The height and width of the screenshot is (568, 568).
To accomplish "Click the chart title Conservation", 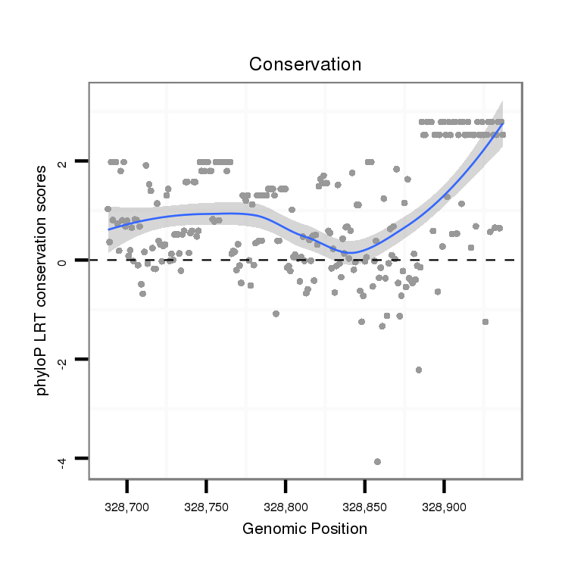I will coord(305,64).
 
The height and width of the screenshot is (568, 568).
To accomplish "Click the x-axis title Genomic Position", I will coord(304,529).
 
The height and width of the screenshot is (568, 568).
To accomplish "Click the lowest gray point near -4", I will coord(377,461).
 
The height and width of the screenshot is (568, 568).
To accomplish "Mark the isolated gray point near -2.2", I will coord(418,370).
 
